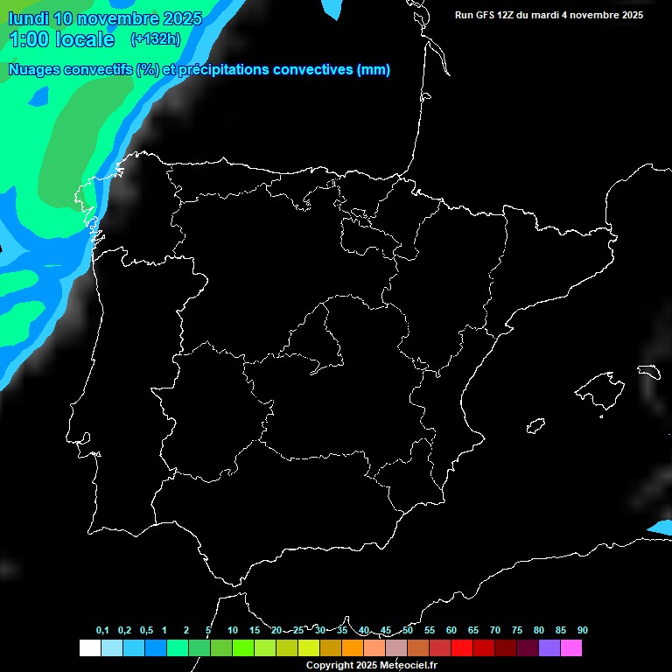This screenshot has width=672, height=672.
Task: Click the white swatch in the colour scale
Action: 89,648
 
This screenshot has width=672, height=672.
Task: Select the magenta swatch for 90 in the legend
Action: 571,648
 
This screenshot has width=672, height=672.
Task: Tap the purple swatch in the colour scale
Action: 549,648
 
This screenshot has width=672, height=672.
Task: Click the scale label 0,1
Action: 102,631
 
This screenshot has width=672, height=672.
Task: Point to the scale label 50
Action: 408,631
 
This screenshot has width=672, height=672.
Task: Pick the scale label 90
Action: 583,631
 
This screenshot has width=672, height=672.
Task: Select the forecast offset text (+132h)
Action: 155,38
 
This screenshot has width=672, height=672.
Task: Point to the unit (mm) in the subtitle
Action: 374,70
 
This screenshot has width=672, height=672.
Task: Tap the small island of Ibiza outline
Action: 536,425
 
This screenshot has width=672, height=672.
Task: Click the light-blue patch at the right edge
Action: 661,528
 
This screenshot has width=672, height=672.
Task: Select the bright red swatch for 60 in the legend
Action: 462,648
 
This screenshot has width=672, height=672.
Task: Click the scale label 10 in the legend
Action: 233,631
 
